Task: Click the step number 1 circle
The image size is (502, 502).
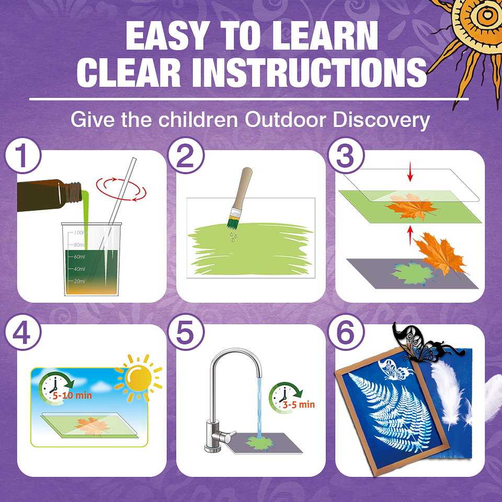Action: (x=22, y=156)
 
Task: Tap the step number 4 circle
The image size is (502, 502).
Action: (x=22, y=332)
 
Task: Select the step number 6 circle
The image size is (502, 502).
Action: (x=346, y=332)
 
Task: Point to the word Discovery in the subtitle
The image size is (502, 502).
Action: (x=381, y=120)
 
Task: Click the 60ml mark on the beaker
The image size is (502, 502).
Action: (x=79, y=257)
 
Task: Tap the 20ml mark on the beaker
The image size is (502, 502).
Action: (x=79, y=281)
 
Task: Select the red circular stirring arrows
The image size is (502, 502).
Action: (x=121, y=189)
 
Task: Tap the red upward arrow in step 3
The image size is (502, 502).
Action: (x=410, y=235)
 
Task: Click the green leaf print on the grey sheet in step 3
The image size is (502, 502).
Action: (x=413, y=273)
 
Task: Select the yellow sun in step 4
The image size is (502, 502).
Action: (x=139, y=378)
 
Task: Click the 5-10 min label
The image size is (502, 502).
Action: (x=72, y=395)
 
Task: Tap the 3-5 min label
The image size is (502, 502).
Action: (x=299, y=405)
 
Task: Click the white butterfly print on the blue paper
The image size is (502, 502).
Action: (x=395, y=370)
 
